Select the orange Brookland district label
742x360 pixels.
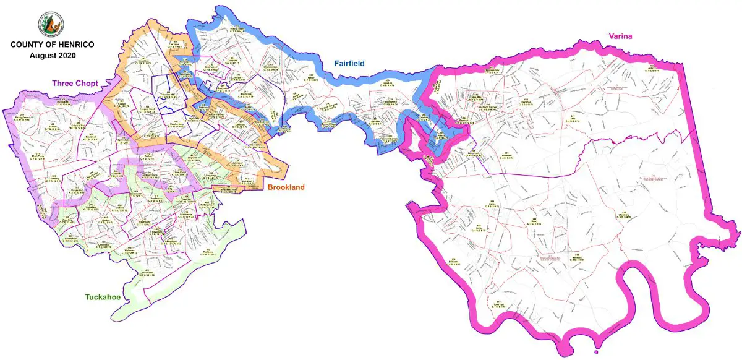click(x=285, y=187)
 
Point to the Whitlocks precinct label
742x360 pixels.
click(x=625, y=216)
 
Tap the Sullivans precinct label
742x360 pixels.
click(x=456, y=260)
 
